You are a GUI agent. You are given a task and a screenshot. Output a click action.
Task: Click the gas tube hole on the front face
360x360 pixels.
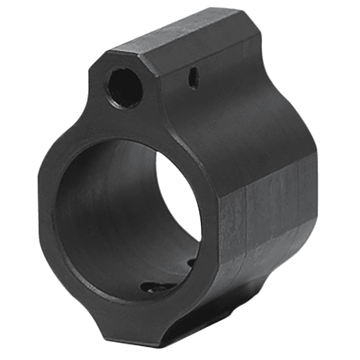click(124, 87)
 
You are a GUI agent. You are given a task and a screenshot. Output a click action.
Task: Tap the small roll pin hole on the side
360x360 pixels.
click(193, 78)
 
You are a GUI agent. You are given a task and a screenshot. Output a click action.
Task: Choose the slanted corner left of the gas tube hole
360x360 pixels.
click(96, 67)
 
